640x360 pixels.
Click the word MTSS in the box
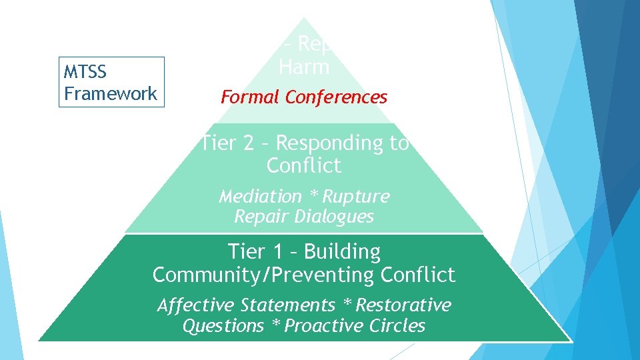[x=85, y=71]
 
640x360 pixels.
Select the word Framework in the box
[x=111, y=93]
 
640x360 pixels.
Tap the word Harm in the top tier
[x=304, y=67]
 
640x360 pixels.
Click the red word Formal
[x=251, y=97]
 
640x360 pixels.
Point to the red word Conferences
[x=336, y=97]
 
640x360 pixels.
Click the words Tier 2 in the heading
[x=223, y=143]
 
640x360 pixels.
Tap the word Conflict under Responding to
[x=304, y=165]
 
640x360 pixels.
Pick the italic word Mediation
[x=260, y=197]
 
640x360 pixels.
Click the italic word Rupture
[x=357, y=197]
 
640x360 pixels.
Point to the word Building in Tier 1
[x=343, y=252]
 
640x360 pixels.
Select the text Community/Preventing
[x=264, y=275]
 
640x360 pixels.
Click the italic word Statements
[x=287, y=305]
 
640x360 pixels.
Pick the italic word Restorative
[x=403, y=305]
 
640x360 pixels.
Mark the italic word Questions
[x=223, y=326]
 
